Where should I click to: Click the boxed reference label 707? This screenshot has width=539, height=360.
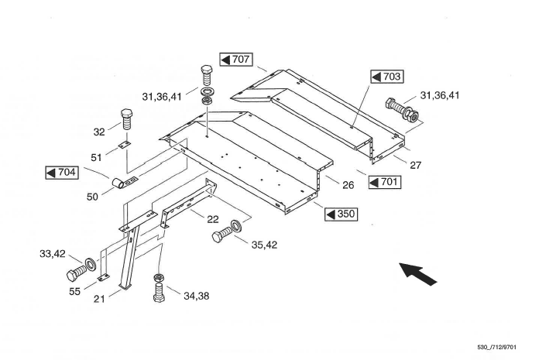[236, 59]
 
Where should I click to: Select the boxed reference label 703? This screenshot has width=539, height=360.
[386, 77]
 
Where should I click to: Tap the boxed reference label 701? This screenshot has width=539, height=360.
[384, 183]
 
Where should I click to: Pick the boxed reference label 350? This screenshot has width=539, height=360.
[341, 213]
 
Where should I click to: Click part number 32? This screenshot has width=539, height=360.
[98, 131]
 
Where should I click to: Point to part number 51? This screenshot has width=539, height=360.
[96, 157]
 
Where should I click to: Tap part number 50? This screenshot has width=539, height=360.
[92, 197]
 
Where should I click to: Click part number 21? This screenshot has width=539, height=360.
[99, 299]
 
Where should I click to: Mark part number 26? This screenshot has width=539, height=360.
[348, 185]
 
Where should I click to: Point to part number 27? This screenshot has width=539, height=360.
[416, 165]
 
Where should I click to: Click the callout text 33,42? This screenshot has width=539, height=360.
[53, 253]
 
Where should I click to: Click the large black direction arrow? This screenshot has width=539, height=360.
[417, 273]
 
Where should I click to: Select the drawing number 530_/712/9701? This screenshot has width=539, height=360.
[501, 347]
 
